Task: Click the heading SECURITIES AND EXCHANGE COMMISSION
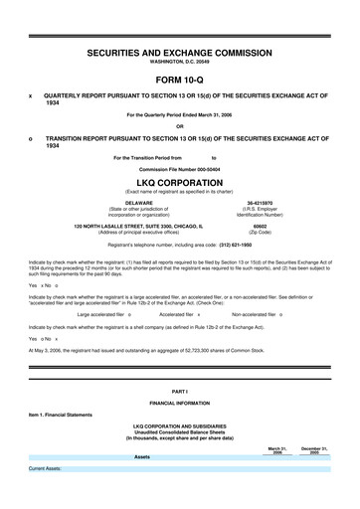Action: [180, 49]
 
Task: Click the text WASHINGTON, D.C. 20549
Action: [180, 61]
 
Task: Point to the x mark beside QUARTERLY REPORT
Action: [31, 96]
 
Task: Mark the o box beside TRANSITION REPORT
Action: [31, 139]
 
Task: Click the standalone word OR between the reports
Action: [180, 125]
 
